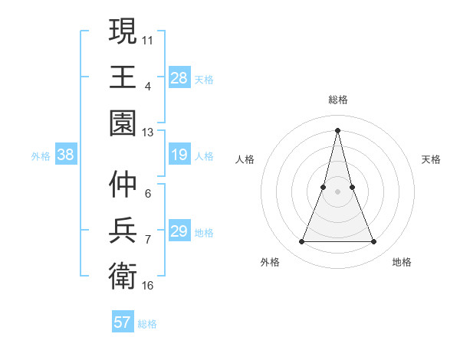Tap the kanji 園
123,123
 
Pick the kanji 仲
123,184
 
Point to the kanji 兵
123,230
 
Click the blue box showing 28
179,78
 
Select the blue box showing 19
179,155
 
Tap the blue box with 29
179,232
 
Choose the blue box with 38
66,155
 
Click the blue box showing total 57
123,322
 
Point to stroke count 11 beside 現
148,38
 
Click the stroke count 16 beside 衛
148,285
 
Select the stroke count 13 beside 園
148,132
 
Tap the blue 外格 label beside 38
41,156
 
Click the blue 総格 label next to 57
147,323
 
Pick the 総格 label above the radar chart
337,100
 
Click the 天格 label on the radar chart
432,159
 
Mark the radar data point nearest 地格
373,242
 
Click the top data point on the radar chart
337,129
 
